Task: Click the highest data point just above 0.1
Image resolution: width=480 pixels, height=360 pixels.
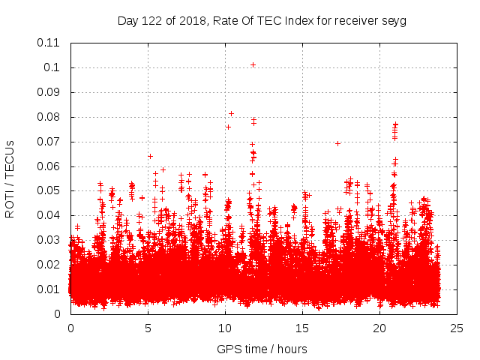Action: (253, 64)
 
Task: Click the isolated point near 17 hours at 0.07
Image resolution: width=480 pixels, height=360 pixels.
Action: (337, 143)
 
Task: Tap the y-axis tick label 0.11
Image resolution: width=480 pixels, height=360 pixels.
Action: (49, 43)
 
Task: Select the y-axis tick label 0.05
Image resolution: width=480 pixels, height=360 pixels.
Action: (49, 190)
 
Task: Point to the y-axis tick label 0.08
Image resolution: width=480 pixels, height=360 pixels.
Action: (49, 117)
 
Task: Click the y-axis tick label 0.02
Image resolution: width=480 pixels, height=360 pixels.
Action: (49, 265)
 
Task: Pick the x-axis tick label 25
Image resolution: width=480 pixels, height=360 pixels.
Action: (457, 328)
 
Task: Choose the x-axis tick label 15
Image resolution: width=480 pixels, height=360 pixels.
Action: (302, 328)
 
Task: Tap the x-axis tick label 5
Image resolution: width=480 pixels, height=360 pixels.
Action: (148, 328)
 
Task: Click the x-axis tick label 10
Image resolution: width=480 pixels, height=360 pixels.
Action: (225, 328)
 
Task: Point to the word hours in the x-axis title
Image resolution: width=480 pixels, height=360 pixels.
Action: (291, 349)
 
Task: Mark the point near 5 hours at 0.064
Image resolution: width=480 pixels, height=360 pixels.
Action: (150, 156)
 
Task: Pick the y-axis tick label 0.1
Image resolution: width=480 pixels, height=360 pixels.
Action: (52, 67)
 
